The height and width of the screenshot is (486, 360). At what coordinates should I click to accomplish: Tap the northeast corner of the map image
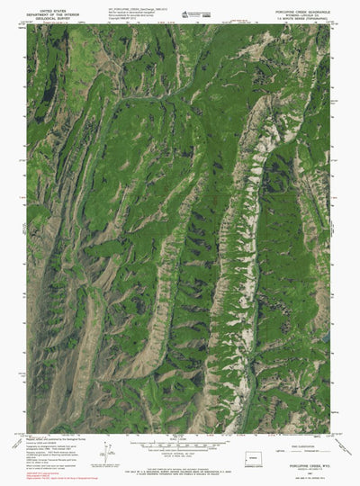[x=329, y=25]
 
